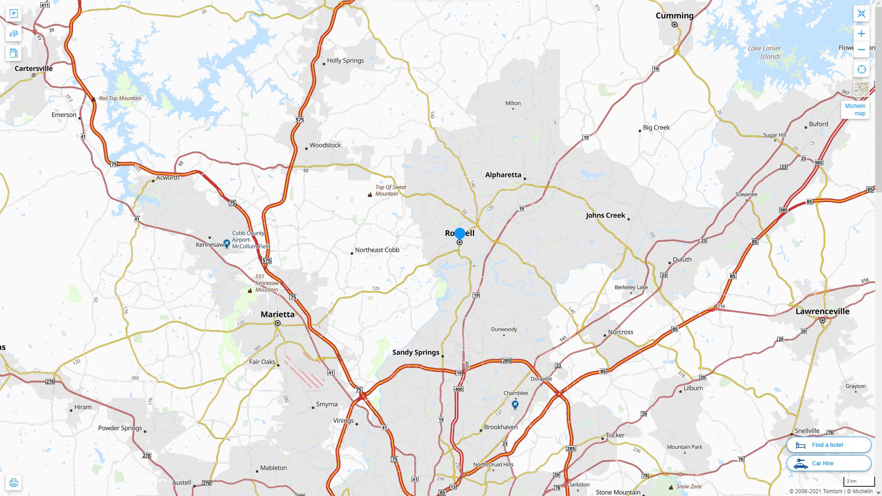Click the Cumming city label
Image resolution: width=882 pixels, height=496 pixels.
pos(674,16)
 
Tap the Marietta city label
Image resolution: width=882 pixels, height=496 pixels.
pos(277,315)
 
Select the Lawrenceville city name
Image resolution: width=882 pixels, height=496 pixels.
pos(822,311)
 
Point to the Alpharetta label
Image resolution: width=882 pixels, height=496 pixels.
pos(503,175)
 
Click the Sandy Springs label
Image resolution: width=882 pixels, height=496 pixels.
pos(416,352)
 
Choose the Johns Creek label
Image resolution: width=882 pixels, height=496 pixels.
pos(605,215)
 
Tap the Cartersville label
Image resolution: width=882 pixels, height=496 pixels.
pos(34,69)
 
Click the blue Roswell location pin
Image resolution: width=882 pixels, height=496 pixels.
pos(459,234)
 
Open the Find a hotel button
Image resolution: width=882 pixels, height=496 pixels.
pos(829,445)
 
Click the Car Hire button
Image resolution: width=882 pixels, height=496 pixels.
pos(829,463)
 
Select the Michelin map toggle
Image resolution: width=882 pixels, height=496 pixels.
pos(855,110)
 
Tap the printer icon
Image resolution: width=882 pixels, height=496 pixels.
pos(13,483)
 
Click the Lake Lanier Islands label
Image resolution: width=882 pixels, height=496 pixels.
pos(764,52)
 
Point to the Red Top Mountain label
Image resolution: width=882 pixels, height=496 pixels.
pos(120,98)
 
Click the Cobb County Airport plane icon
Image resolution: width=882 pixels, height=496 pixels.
pos(226,243)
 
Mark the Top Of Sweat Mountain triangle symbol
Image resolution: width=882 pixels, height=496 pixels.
pos(370,195)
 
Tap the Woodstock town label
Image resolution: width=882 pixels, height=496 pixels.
pos(325,145)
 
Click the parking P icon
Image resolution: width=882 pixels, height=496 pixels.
pos(13,14)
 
